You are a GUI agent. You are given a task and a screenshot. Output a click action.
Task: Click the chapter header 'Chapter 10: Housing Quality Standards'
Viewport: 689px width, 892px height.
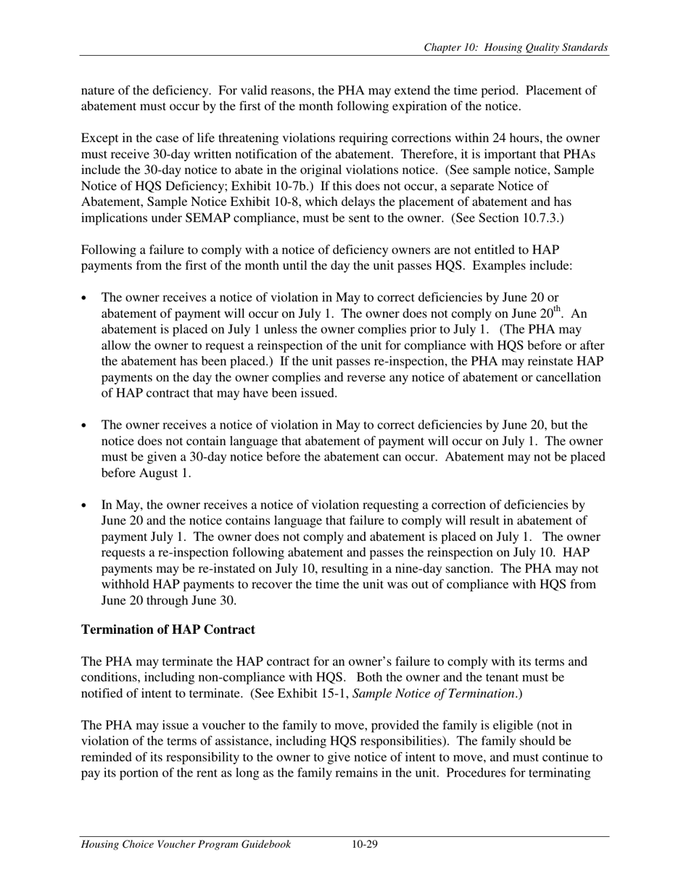(x=516, y=48)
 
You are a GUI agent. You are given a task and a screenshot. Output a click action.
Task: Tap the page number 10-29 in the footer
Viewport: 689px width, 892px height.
(x=365, y=844)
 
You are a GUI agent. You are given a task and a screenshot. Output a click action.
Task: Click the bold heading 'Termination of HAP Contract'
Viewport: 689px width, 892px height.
(x=168, y=629)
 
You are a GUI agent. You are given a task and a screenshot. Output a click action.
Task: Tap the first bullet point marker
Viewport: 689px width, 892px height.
(x=86, y=298)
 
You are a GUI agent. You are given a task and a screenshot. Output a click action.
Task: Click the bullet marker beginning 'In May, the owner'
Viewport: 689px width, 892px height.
(x=86, y=505)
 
